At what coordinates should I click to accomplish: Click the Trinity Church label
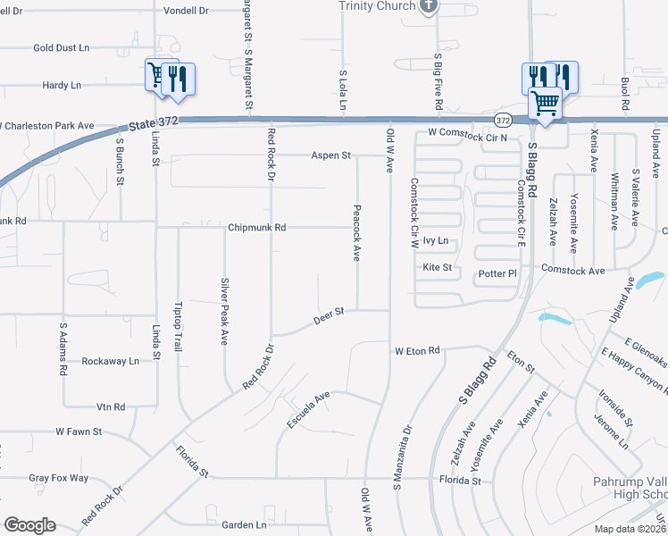coord(377,6)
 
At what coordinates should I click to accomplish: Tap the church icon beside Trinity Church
coord(429,6)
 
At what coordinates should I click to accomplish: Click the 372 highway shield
coord(503,119)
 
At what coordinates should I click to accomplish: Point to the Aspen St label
coord(330,155)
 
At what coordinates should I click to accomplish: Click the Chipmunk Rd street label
coord(256,228)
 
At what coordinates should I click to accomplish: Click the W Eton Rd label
coord(418,351)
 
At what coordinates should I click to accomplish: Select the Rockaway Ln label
coord(111,362)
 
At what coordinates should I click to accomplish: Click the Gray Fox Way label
coord(59,478)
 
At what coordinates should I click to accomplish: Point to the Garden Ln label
coord(245,525)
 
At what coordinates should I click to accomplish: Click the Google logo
coord(29,525)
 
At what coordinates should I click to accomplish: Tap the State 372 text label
coord(154,122)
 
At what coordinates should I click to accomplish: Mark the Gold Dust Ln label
coord(62,47)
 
